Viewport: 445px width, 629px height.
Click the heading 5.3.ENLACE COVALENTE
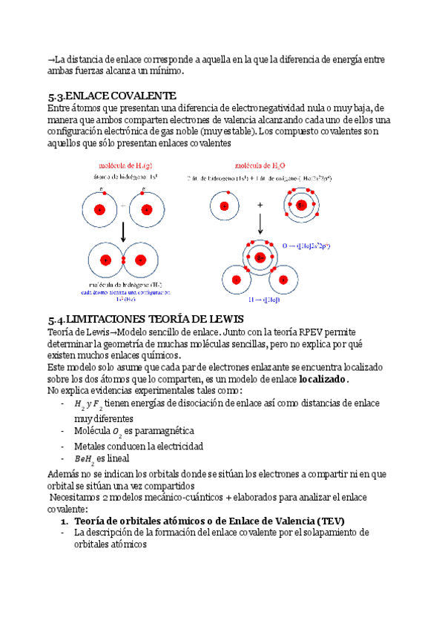(111, 96)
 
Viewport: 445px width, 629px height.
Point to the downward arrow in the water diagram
(260, 223)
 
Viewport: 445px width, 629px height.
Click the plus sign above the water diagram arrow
(260, 204)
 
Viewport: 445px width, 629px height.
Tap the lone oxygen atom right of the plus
(301, 205)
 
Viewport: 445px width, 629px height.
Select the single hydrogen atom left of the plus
(225, 205)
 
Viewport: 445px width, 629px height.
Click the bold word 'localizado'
(322, 379)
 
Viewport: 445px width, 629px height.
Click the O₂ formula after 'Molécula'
(117, 432)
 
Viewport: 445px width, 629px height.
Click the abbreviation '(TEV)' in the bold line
(328, 521)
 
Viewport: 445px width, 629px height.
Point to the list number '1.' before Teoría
(64, 521)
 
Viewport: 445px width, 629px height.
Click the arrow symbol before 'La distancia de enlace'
(50, 59)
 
